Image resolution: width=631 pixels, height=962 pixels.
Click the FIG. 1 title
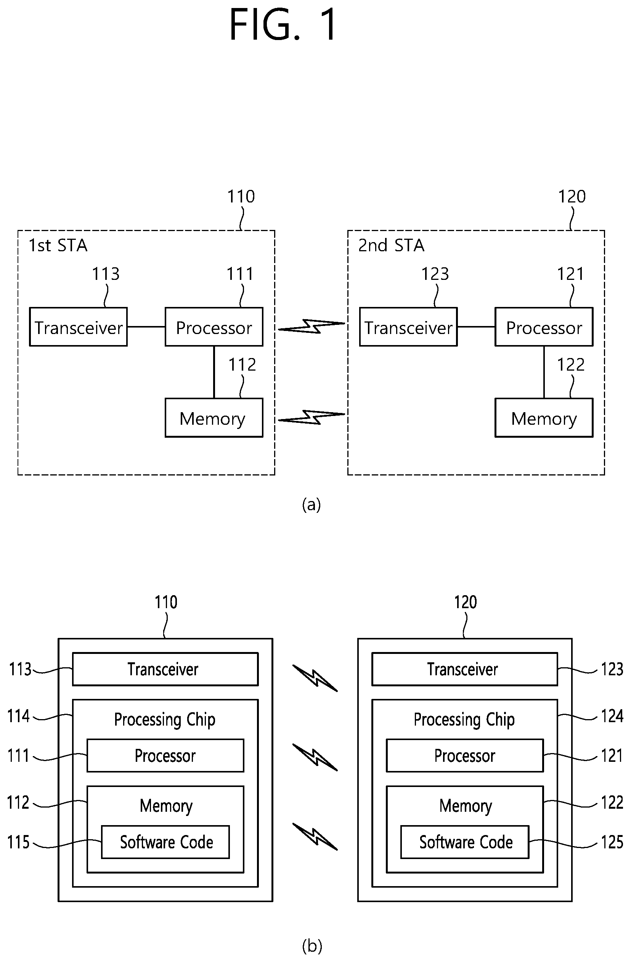click(283, 25)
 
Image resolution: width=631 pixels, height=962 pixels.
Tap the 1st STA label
click(58, 245)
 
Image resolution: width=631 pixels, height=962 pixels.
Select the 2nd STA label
click(391, 245)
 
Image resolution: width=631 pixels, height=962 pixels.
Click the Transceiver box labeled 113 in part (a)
click(79, 327)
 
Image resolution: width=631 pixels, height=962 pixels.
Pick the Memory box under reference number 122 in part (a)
click(544, 418)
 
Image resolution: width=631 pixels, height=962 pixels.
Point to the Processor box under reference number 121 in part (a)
click(544, 327)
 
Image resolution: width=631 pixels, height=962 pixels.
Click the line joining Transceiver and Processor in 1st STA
click(146, 327)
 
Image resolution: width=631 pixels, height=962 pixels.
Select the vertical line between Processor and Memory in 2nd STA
click(544, 372)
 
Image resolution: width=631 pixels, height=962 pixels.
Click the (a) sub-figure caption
click(311, 504)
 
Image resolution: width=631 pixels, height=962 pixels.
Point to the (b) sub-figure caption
click(312, 946)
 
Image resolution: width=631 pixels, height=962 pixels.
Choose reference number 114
click(19, 716)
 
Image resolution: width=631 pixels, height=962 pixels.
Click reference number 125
click(612, 842)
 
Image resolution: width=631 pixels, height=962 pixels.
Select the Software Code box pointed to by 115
click(165, 842)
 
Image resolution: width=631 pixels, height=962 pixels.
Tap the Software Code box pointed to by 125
click(465, 842)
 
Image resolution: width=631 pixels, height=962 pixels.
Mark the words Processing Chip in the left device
click(165, 720)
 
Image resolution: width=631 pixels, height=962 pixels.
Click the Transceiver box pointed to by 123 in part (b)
click(464, 669)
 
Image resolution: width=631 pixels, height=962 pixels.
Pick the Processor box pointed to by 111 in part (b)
click(165, 755)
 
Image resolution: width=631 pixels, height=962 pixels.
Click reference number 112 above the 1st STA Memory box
click(242, 365)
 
